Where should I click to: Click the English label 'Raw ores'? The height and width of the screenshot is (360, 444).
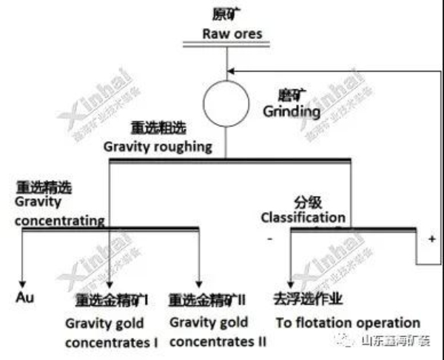(x=232, y=34)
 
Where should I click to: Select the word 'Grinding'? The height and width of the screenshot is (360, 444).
(x=292, y=112)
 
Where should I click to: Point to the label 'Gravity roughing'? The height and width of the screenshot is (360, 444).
(x=158, y=146)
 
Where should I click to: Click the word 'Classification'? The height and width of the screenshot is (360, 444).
(x=302, y=218)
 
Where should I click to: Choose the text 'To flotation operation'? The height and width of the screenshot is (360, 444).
(x=348, y=323)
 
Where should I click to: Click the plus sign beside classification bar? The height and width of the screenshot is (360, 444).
(x=431, y=240)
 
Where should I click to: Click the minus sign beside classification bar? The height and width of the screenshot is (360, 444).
(x=270, y=240)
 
